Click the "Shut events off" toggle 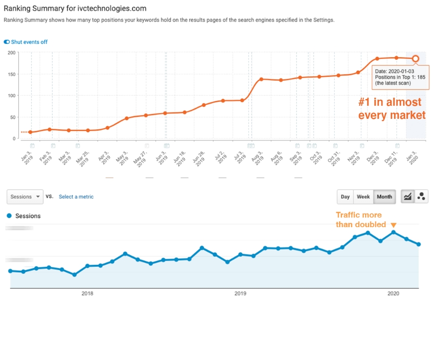click(7, 42)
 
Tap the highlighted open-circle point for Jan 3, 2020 click(416, 59)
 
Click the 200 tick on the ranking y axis click(13, 52)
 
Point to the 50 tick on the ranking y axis click(13, 117)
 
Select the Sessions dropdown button click(25, 196)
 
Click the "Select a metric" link click(76, 196)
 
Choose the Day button click(345, 196)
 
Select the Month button click(384, 196)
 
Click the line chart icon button click(408, 196)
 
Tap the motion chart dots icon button click(421, 196)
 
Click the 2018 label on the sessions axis click(87, 293)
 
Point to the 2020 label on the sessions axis click(393, 293)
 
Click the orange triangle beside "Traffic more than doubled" click(394, 225)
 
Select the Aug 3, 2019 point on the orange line click(261, 79)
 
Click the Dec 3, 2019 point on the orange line click(377, 59)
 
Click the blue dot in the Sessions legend click(10, 216)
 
